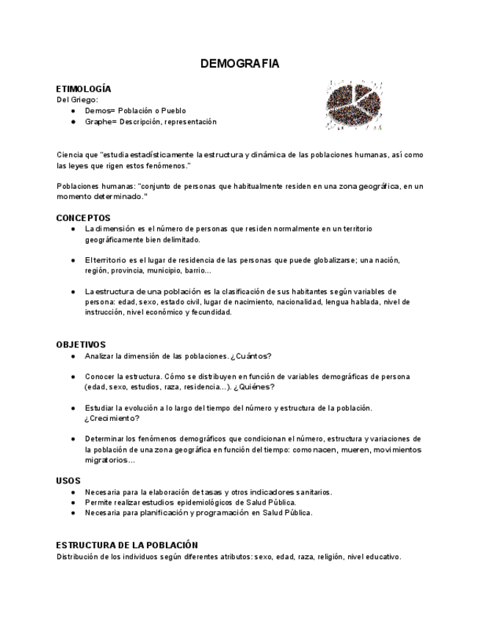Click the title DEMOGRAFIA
[x=239, y=65]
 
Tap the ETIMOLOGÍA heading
[x=84, y=89]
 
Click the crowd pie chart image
[x=354, y=104]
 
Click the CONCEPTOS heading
[x=83, y=218]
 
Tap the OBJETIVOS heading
[x=81, y=345]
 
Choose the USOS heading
[x=68, y=481]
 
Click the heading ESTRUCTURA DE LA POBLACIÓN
[x=127, y=545]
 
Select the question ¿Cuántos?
[x=250, y=356]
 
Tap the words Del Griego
[x=77, y=100]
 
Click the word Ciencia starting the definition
[x=69, y=155]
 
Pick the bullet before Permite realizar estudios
[x=73, y=503]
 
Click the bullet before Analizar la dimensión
[x=73, y=356]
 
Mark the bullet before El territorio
[x=73, y=260]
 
